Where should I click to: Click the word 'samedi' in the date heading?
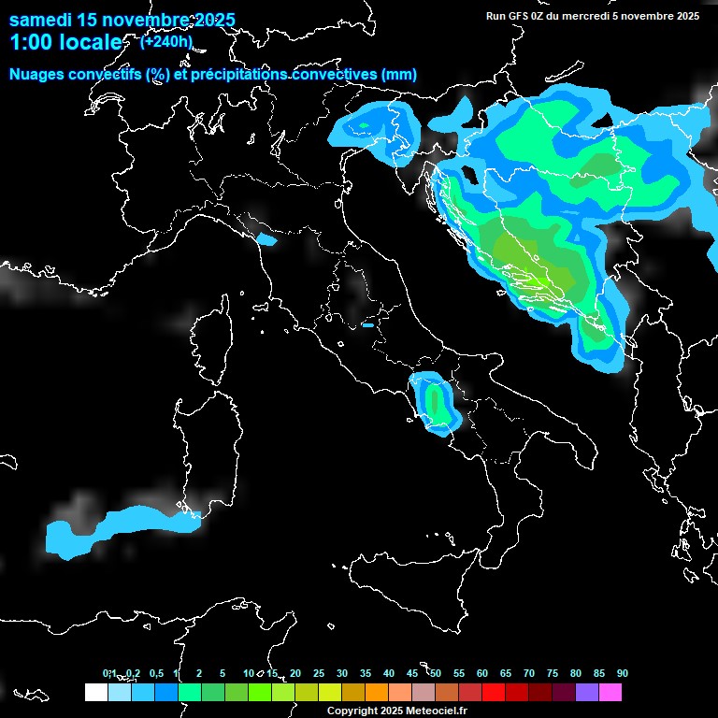tap(44, 20)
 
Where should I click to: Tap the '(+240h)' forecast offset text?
tap(166, 41)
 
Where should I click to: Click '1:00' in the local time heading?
tap(29, 42)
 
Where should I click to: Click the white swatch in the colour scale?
tap(95, 693)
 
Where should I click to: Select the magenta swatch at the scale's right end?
tap(610, 693)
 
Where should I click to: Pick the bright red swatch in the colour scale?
tap(493, 693)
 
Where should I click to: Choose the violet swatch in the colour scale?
tap(586, 693)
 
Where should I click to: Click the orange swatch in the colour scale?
tap(376, 693)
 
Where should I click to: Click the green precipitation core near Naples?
tap(435, 402)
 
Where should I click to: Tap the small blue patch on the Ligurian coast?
tap(266, 240)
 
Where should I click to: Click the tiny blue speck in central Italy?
tap(367, 325)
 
